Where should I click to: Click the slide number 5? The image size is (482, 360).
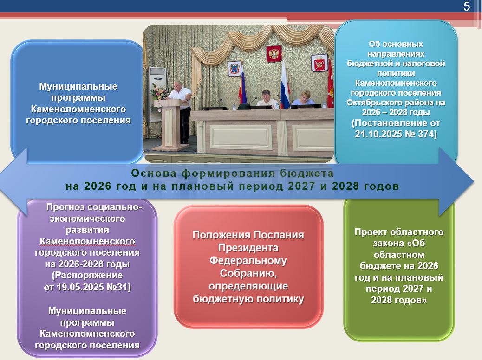[467, 6]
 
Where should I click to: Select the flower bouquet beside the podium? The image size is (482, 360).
[159, 90]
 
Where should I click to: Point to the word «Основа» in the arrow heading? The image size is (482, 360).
[154, 173]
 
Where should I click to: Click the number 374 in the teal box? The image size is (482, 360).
[425, 134]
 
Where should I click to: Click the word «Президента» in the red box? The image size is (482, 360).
[248, 248]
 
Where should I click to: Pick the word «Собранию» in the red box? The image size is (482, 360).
[248, 273]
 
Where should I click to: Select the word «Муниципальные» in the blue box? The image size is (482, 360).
[78, 86]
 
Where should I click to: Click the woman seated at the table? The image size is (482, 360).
[303, 98]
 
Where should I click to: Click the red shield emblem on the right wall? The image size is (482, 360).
[319, 63]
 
